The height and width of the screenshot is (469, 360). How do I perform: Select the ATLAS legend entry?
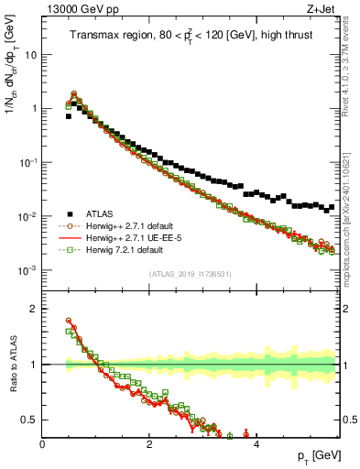[105, 213]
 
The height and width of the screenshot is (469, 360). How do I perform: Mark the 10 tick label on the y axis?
[30, 54]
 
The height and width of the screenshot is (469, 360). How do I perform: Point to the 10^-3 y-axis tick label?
[27, 270]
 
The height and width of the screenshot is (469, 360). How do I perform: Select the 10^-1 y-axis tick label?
[27, 162]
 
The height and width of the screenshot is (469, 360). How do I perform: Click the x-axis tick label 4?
[256, 444]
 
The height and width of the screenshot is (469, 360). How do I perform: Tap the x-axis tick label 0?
[43, 444]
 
